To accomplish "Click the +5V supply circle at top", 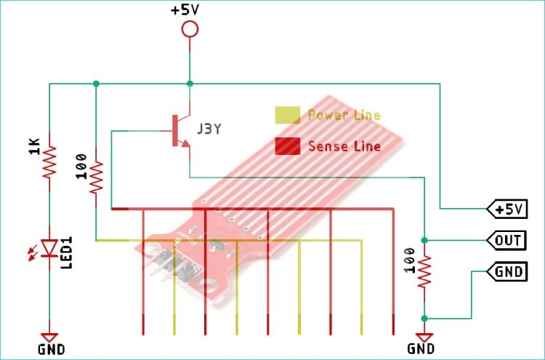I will (x=190, y=29).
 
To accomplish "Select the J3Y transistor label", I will (x=209, y=129).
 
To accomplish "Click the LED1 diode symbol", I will (x=49, y=249).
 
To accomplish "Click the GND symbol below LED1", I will (x=49, y=337).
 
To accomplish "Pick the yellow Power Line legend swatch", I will (x=287, y=115).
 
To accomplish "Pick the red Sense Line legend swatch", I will (x=287, y=146).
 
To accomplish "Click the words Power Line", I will (x=343, y=115).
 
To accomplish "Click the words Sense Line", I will (x=344, y=146).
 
